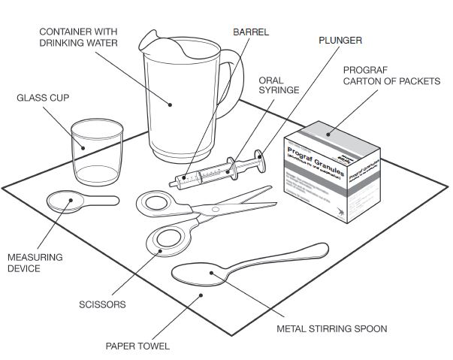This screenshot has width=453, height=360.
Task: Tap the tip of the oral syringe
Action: coord(174,181)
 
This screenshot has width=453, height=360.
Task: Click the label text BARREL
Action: coord(250,32)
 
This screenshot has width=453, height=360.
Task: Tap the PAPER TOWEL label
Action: coord(137,346)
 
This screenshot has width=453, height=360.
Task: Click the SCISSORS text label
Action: coord(102,304)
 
